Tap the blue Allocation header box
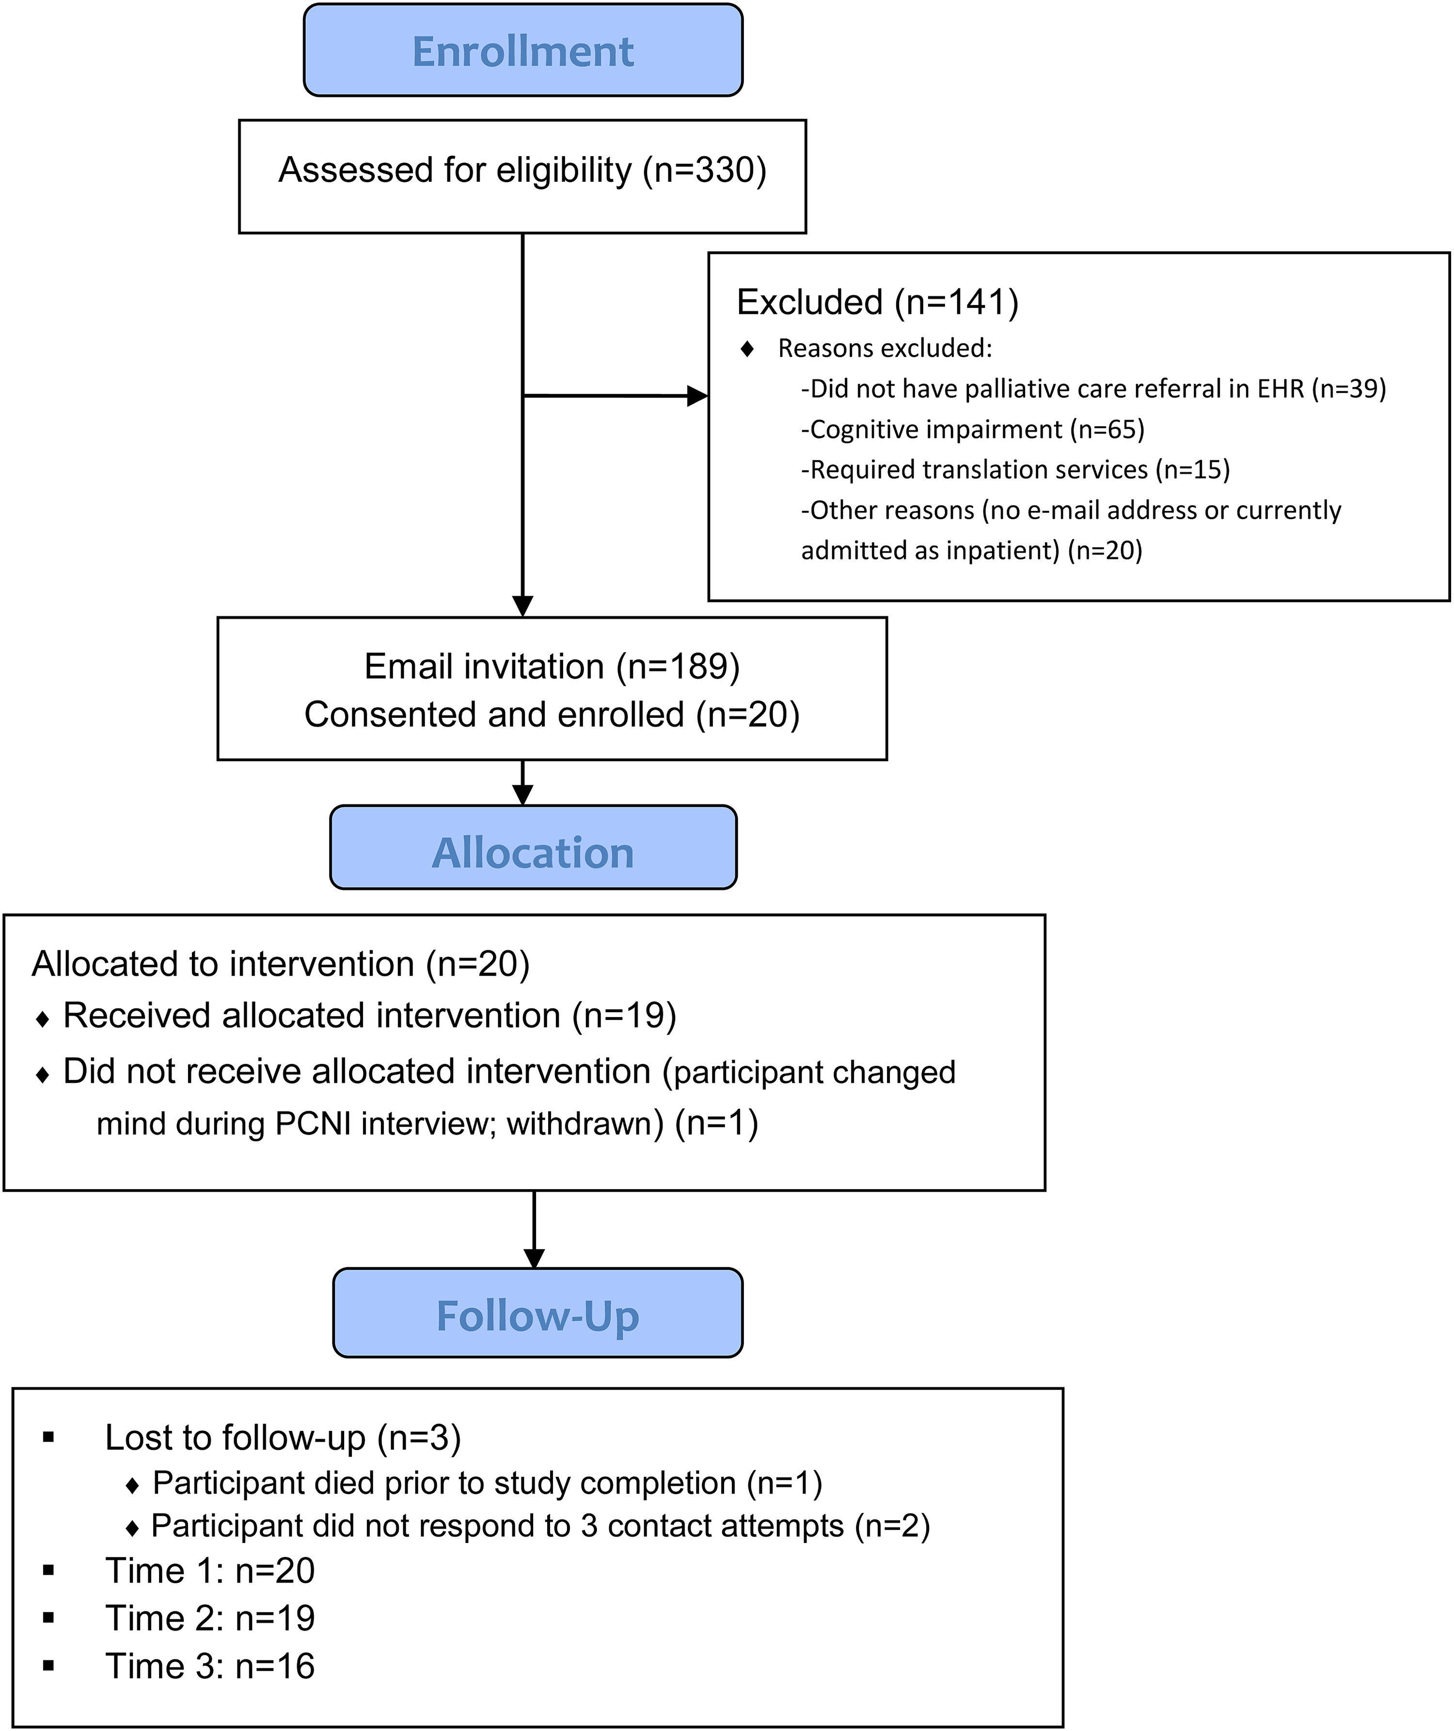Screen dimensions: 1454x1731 (x=533, y=847)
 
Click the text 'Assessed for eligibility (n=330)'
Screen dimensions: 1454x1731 (x=522, y=170)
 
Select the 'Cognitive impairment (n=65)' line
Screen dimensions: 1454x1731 (x=973, y=429)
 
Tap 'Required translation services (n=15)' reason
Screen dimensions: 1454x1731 (x=1015, y=470)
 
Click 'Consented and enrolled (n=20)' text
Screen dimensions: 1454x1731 (x=552, y=714)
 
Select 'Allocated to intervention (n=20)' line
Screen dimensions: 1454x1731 (x=280, y=964)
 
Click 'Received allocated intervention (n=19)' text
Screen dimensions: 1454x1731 (x=370, y=1016)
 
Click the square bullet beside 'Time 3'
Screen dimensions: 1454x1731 (x=48, y=1666)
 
